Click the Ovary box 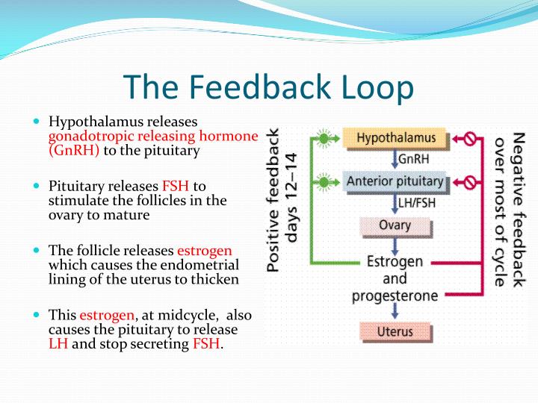(x=395, y=225)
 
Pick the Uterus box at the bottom (x=395, y=331)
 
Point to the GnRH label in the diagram (x=413, y=159)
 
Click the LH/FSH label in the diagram (x=415, y=202)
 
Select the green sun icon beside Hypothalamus (x=323, y=138)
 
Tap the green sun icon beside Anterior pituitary (x=323, y=181)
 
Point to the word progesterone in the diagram (x=395, y=296)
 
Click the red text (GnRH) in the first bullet (x=74, y=150)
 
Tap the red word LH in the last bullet (x=58, y=344)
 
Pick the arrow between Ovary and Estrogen (x=395, y=243)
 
